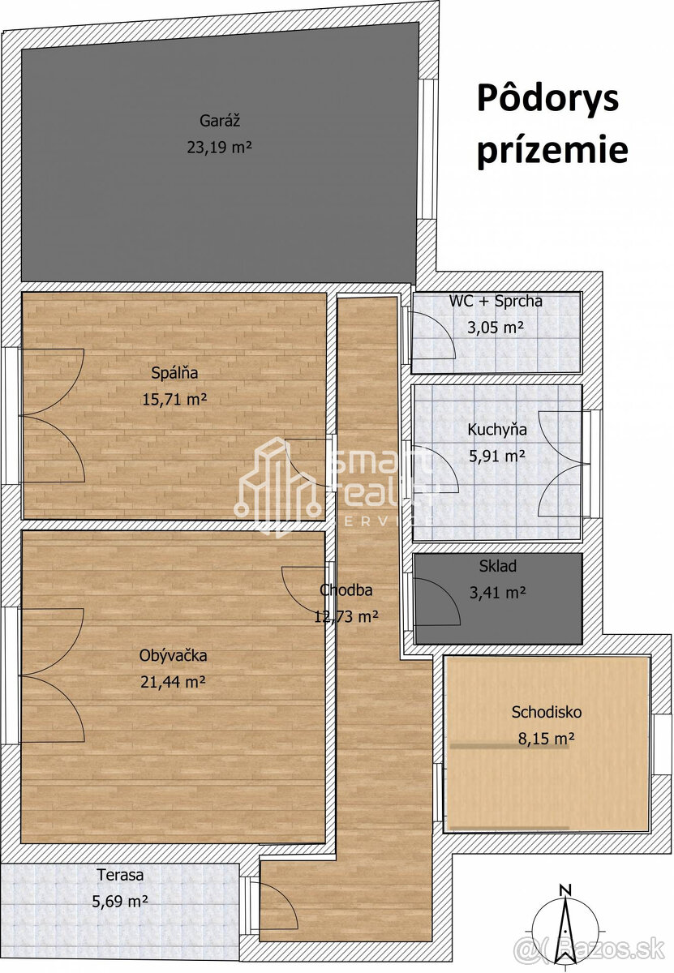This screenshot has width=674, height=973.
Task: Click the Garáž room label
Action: point(219,122)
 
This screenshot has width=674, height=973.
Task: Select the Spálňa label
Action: point(174,373)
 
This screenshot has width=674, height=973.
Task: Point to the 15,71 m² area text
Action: point(174,399)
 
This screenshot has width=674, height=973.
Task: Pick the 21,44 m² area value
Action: point(173,682)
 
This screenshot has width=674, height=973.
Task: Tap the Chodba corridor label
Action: point(346,590)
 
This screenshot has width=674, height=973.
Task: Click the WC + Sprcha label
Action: point(496,302)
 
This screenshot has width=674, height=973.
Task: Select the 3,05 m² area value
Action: point(496,328)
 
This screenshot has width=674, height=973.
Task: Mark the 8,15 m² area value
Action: point(546,739)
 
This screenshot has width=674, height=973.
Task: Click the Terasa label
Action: point(120,875)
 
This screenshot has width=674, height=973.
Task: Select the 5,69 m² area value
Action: point(120,901)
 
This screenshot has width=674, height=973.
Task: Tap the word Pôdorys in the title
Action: point(547,99)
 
